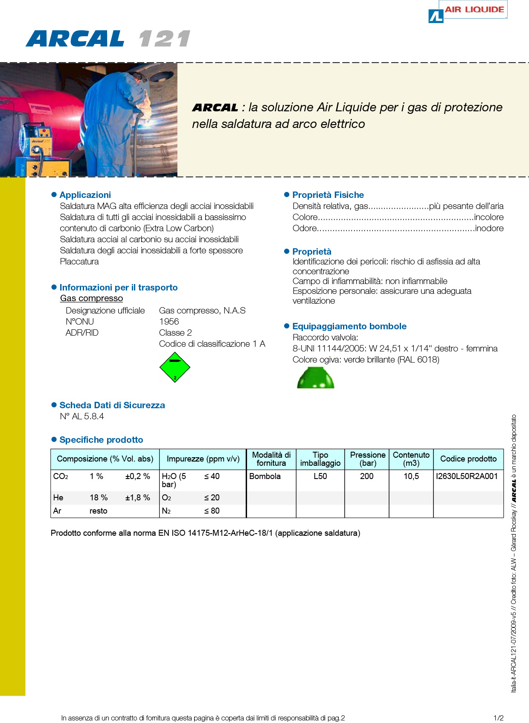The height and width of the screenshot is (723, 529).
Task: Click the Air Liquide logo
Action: [468, 11]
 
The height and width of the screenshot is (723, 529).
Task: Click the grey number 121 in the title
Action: [164, 39]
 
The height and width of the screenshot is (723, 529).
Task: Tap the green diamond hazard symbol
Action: [174, 367]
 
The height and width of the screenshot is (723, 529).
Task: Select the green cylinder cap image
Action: [316, 378]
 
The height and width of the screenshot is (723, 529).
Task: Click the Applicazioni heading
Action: [85, 195]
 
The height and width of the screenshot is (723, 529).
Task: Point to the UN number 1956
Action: [169, 322]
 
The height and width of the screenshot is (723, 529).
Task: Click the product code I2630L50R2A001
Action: [467, 476]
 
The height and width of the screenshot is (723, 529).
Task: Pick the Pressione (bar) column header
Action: [368, 459]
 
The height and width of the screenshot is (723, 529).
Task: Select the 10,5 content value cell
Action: [411, 476]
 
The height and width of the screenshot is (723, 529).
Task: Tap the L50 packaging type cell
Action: [320, 476]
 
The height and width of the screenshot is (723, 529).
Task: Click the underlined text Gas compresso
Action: [91, 298]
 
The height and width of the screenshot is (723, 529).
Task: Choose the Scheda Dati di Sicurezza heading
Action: [112, 405]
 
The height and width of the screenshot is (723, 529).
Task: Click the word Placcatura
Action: [79, 261]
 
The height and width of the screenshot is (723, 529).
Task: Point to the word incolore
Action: [489, 217]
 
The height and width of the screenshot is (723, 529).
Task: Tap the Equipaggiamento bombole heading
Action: [349, 326]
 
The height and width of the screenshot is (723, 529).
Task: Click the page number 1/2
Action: [498, 718]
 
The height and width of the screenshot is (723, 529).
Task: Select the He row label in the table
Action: [58, 497]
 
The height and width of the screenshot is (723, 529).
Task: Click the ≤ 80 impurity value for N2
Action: [212, 511]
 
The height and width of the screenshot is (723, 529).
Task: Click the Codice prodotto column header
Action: [468, 459]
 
